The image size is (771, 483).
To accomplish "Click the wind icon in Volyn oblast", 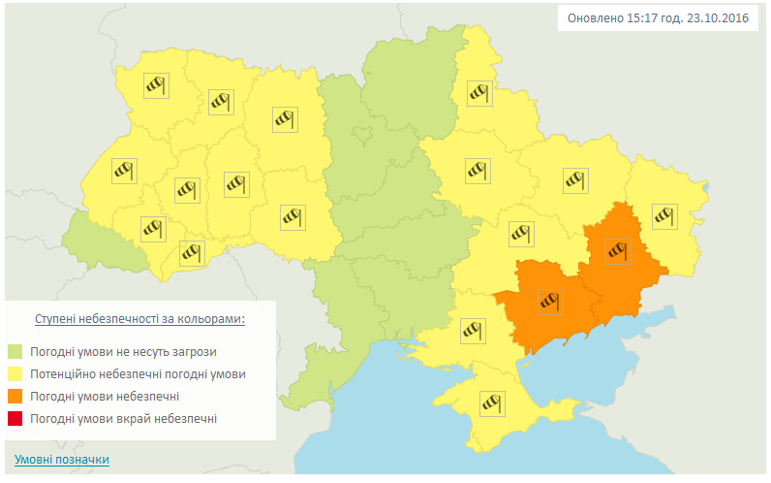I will tap(156, 85).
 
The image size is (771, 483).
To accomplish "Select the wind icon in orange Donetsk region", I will tap(616, 251).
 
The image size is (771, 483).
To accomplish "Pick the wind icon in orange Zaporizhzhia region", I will tap(550, 302).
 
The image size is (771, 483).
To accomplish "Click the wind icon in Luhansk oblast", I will tap(663, 215).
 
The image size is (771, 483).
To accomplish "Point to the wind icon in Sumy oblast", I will tap(479, 93).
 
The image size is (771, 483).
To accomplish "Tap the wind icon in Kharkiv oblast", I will tap(575, 179).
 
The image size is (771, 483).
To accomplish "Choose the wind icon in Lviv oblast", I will tap(122, 172).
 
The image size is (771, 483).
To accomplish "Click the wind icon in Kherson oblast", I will tap(472, 331).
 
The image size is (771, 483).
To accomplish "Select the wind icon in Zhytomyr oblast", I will tap(283, 119).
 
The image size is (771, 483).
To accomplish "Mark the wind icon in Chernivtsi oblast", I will tap(191, 253).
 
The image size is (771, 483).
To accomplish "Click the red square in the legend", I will tap(15, 419).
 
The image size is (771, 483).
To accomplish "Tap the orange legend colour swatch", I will tap(15, 397).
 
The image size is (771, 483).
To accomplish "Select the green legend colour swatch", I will tap(15, 351).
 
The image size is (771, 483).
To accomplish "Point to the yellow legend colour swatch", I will tap(15, 374).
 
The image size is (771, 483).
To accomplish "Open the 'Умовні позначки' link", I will tap(62, 460).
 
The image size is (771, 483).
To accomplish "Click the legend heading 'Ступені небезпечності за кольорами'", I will tap(139, 318).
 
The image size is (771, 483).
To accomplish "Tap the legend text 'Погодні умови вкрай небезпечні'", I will tap(123, 419).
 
